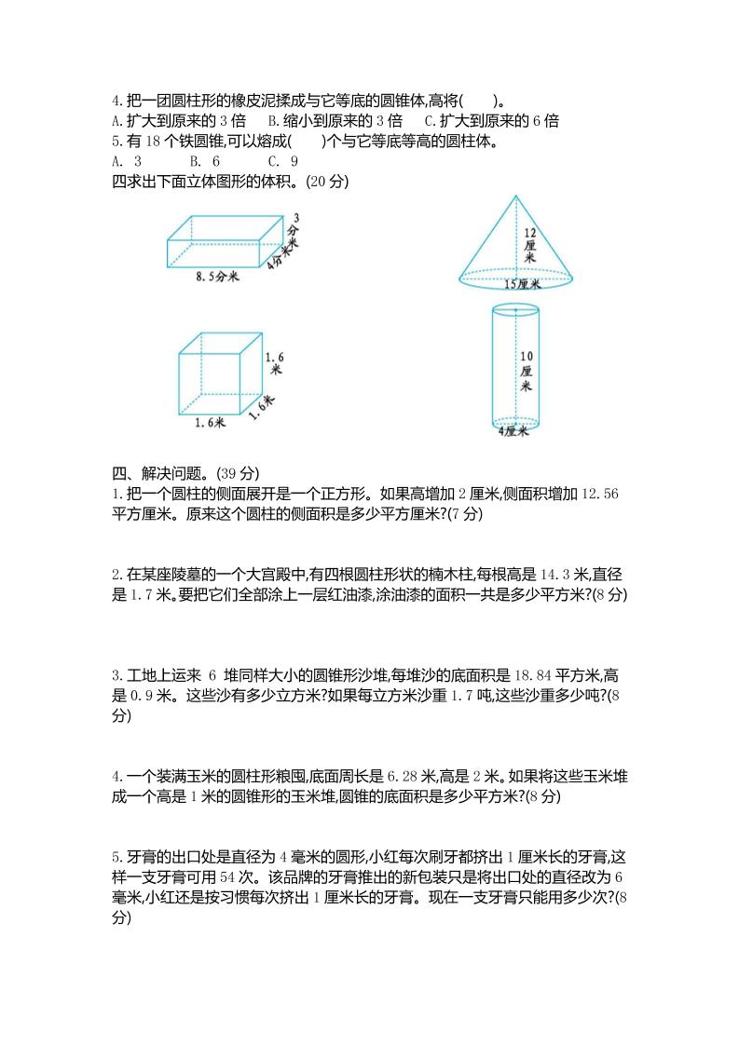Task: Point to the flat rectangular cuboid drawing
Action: [x=224, y=241]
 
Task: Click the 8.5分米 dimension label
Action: [x=218, y=277]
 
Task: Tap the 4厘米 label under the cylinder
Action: [x=513, y=431]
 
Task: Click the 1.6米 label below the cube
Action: [x=211, y=423]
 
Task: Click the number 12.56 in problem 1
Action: [x=600, y=494]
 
